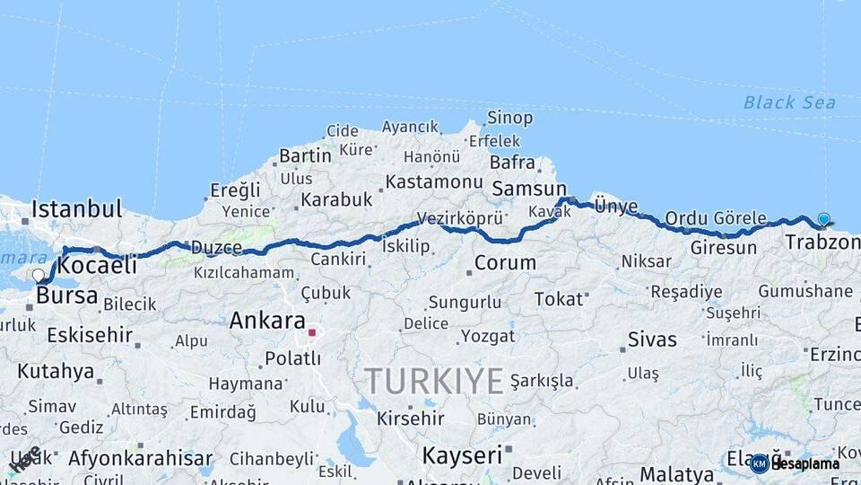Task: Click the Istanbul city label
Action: tap(76, 209)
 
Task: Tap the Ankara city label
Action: tap(267, 320)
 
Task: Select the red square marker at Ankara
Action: tap(312, 332)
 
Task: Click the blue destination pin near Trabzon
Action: tap(823, 219)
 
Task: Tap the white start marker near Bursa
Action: tap(38, 276)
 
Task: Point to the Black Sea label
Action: tap(789, 102)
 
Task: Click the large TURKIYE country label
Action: tap(434, 382)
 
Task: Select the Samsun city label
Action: tap(529, 189)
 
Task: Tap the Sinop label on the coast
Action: tap(509, 118)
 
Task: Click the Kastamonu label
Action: tap(433, 181)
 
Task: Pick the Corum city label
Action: tap(505, 263)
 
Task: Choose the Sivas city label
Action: tap(652, 339)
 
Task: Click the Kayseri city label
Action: tap(462, 455)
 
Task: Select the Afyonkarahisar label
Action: tap(141, 458)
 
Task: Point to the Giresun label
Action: tap(724, 247)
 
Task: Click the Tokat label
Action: tap(558, 299)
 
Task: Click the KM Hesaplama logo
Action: tap(795, 463)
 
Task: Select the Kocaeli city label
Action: tap(97, 265)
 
